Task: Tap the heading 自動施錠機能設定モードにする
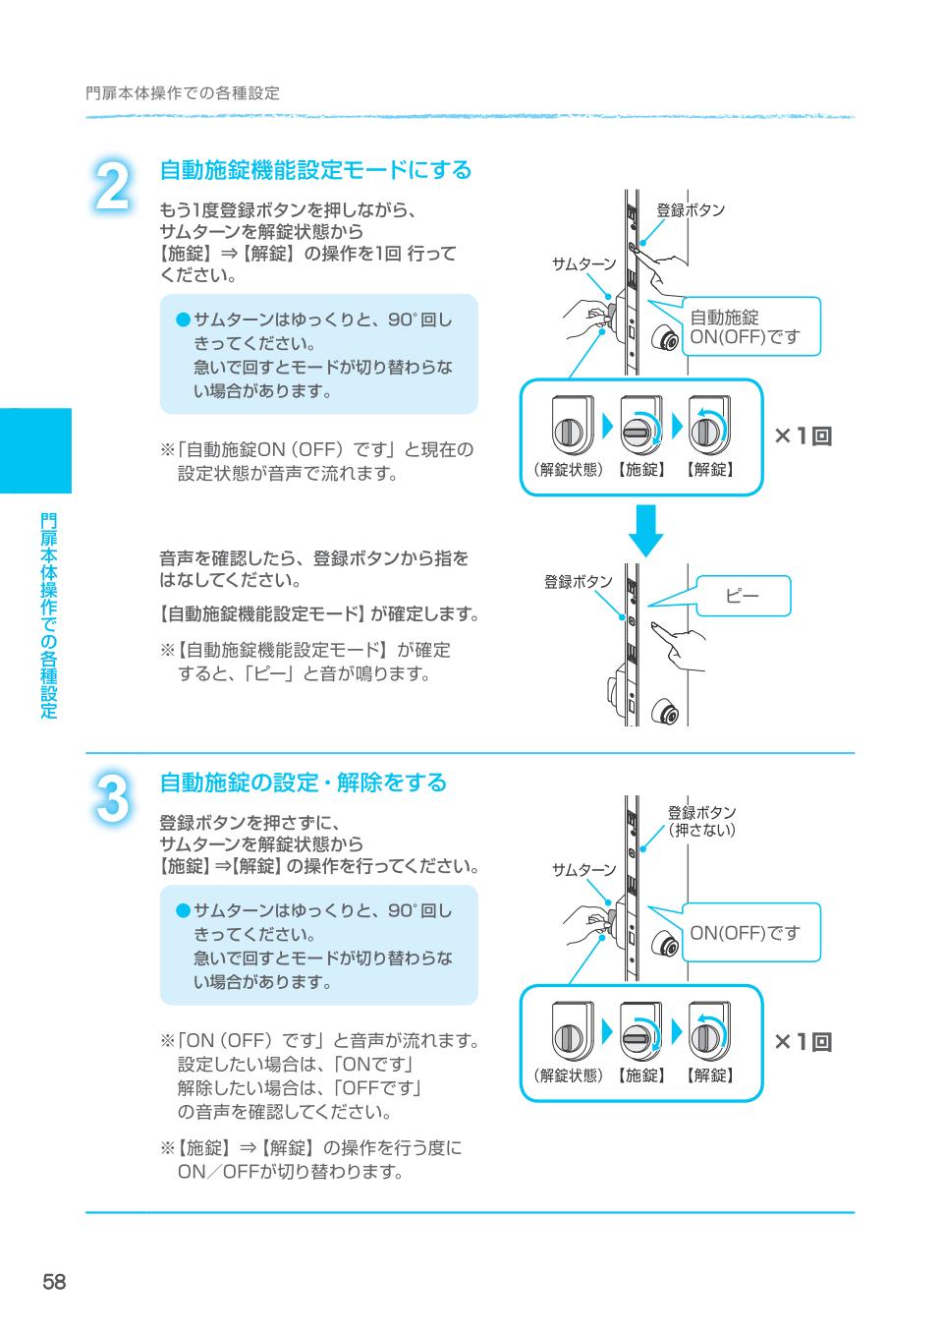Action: point(315,170)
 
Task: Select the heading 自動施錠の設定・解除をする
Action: point(303,783)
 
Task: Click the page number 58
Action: point(54,1282)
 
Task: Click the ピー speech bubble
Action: point(743,596)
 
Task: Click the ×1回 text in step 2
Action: point(803,436)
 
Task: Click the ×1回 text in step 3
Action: point(803,1042)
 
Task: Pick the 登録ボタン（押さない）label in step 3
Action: point(701,821)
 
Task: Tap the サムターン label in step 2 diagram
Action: point(583,263)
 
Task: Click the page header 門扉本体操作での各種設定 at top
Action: point(183,93)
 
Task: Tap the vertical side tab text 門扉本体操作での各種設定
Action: point(48,615)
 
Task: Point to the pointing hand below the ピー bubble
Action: point(677,639)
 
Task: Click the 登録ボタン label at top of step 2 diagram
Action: point(691,209)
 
